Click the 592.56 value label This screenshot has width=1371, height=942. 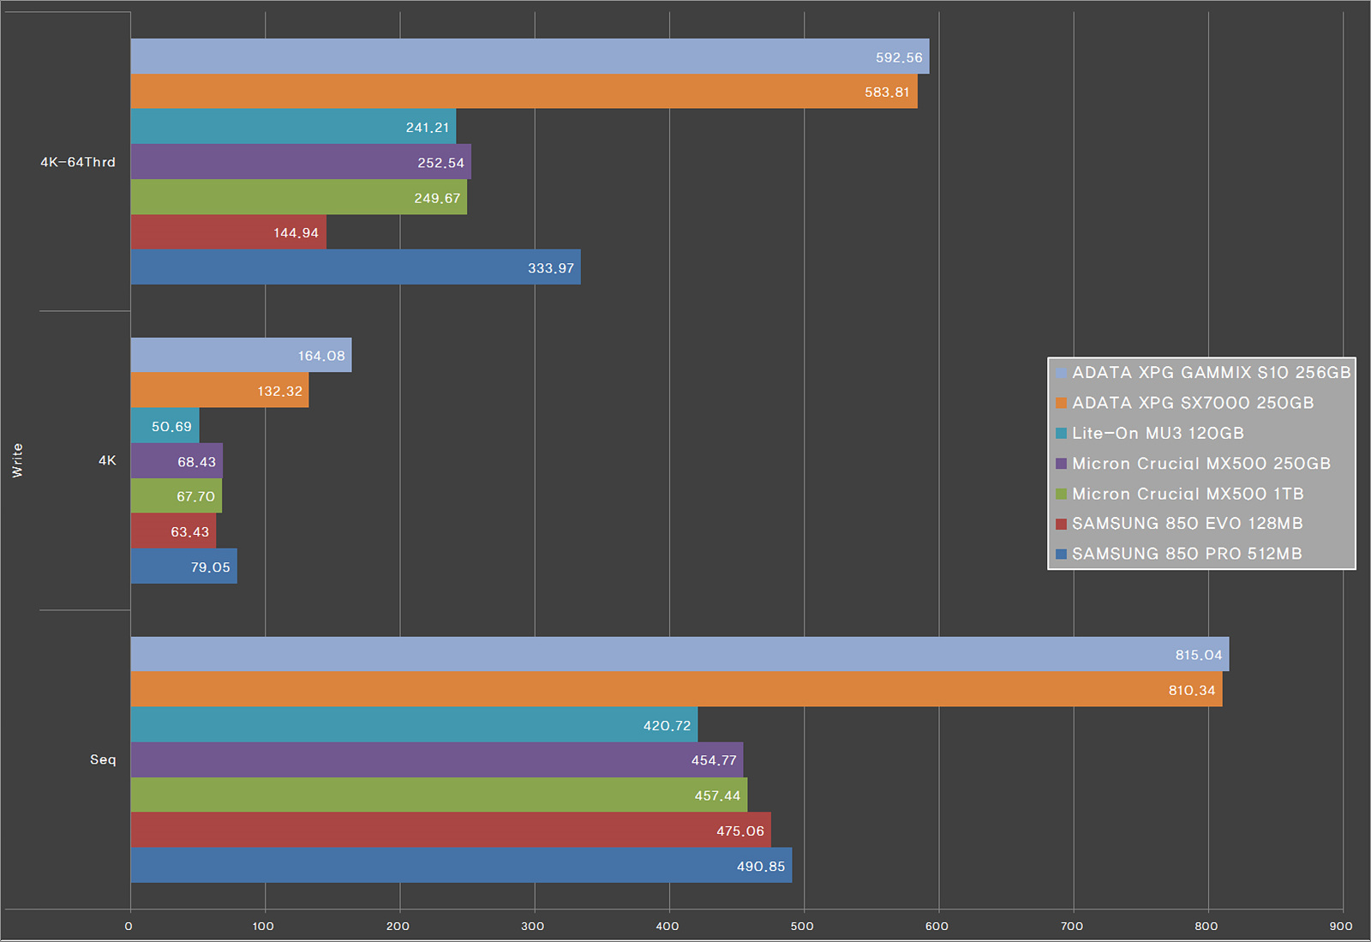coord(899,57)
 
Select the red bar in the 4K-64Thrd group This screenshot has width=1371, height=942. coord(228,232)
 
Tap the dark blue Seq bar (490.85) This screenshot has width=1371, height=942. coord(461,865)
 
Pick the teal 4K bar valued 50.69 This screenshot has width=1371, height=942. coord(165,426)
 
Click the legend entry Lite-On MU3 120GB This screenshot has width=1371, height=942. coord(1157,433)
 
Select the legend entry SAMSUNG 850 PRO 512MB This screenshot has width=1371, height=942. coord(1186,554)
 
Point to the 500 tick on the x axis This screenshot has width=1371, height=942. coord(802,926)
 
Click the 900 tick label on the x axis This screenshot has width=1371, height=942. coord(1341,926)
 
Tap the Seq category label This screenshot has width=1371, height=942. coord(103,759)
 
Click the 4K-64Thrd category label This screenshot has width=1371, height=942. coord(78,162)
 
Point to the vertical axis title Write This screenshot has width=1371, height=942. coord(17,460)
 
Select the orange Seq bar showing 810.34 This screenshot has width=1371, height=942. coord(676,689)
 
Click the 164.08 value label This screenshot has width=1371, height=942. coord(321,356)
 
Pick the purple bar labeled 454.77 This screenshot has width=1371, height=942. coord(436,759)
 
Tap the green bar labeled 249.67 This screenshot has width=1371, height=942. coord(298,197)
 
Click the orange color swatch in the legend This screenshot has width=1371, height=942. coord(1061,403)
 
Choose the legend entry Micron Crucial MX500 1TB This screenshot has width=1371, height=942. coord(1187,494)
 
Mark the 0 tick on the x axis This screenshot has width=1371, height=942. coord(129,926)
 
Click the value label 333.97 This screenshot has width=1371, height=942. coord(551,268)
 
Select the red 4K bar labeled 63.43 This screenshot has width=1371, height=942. coord(173,531)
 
